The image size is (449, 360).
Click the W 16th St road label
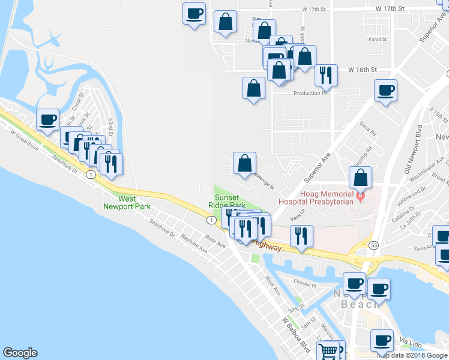pos(362,70)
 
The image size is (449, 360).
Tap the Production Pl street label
pos(310,93)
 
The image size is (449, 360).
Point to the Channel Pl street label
pos(304,282)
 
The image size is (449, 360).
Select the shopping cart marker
pos(328,351)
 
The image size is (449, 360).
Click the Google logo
pos(20,353)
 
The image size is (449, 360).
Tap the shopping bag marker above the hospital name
pos(360,178)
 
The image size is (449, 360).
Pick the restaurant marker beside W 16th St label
pos(326,75)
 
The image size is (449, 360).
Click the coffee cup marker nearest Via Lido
pos(382,341)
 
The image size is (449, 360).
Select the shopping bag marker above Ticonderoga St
pos(244,163)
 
